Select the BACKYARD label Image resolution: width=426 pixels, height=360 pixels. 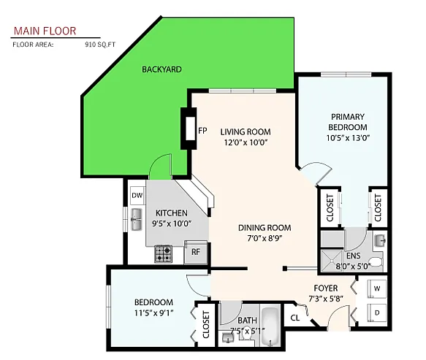[x=161, y=69]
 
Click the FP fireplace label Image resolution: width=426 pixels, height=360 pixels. [x=202, y=131]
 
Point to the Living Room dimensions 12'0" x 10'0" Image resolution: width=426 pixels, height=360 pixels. [x=246, y=142]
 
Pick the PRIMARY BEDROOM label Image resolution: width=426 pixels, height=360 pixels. [x=348, y=122]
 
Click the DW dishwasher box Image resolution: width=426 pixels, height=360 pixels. [x=137, y=196]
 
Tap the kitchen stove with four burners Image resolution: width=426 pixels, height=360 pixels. [x=163, y=253]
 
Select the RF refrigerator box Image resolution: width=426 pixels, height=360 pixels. [x=196, y=253]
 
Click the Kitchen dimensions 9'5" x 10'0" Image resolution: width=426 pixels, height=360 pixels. [x=172, y=223]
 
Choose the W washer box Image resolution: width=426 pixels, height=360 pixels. [x=376, y=288]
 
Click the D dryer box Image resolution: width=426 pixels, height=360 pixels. [x=376, y=313]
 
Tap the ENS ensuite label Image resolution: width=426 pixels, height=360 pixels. [x=353, y=256]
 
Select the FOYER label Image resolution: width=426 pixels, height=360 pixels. [x=326, y=288]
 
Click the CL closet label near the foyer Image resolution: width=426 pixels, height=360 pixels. [x=294, y=318]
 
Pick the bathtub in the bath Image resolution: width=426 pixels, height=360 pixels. [x=270, y=326]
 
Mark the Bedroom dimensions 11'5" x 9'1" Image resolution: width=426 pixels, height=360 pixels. [x=153, y=314]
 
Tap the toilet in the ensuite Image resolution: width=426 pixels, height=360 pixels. [x=376, y=261]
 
